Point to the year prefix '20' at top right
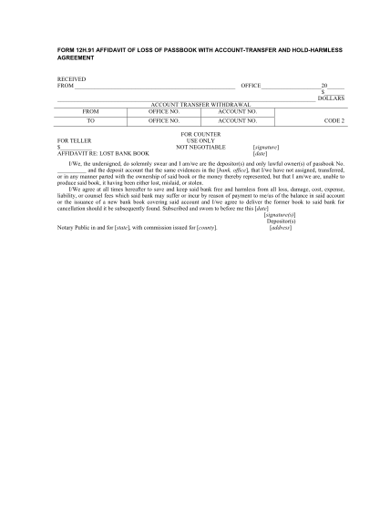click(x=324, y=86)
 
